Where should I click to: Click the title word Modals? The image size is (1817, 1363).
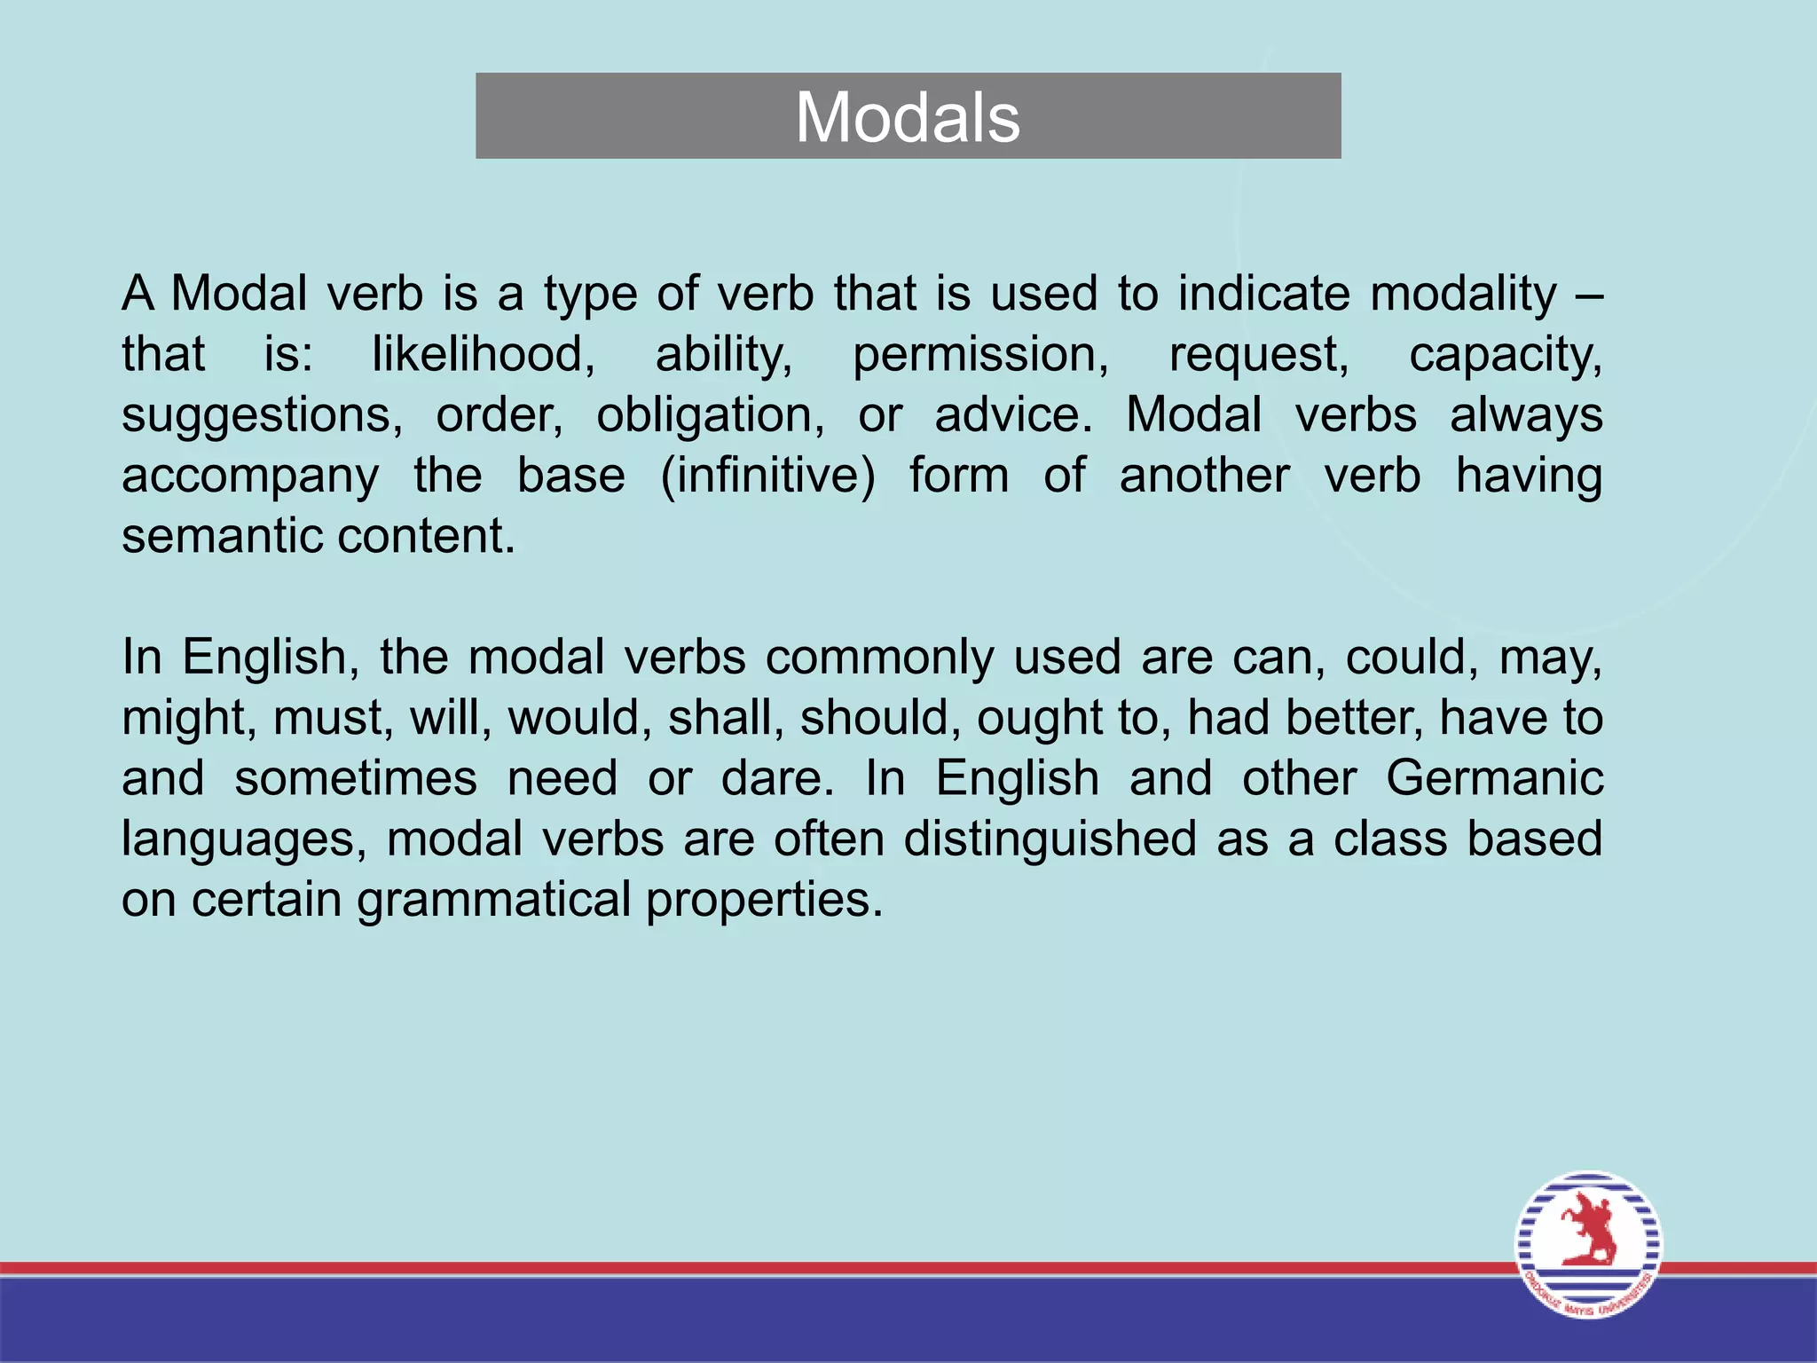tap(908, 117)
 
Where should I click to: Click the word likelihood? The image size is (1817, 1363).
tap(483, 354)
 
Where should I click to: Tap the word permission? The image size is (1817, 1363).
tap(980, 354)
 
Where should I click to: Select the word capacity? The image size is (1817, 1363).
tap(1506, 354)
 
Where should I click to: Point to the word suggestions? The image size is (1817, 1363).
tap(262, 415)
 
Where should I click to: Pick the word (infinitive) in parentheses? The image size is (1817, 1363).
tap(767, 476)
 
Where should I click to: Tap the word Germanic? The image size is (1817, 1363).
tap(1494, 778)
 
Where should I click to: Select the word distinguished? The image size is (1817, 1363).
tap(1050, 839)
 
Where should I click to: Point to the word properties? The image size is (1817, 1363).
tap(764, 900)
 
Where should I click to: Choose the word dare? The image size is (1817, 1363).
tap(776, 778)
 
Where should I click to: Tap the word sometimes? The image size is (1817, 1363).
tap(356, 778)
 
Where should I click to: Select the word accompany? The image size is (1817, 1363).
tap(250, 477)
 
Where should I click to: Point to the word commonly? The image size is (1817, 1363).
tap(879, 658)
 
